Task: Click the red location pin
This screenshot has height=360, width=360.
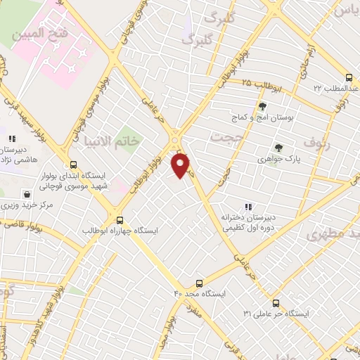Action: [181, 165]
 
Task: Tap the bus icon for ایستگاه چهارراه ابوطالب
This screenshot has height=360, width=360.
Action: [120, 219]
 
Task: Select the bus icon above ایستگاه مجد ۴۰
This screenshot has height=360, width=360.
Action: [200, 282]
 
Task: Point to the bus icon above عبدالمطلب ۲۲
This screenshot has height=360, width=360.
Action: [349, 77]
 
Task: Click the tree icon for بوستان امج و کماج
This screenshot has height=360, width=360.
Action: [262, 106]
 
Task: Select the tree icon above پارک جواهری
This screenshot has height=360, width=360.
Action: [278, 148]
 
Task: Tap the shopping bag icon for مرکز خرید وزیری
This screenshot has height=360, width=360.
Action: [27, 194]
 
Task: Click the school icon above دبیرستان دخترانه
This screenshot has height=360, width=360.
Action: [247, 207]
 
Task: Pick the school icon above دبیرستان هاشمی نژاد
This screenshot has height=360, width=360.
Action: [12, 139]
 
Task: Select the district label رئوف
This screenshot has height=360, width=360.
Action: [316, 144]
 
